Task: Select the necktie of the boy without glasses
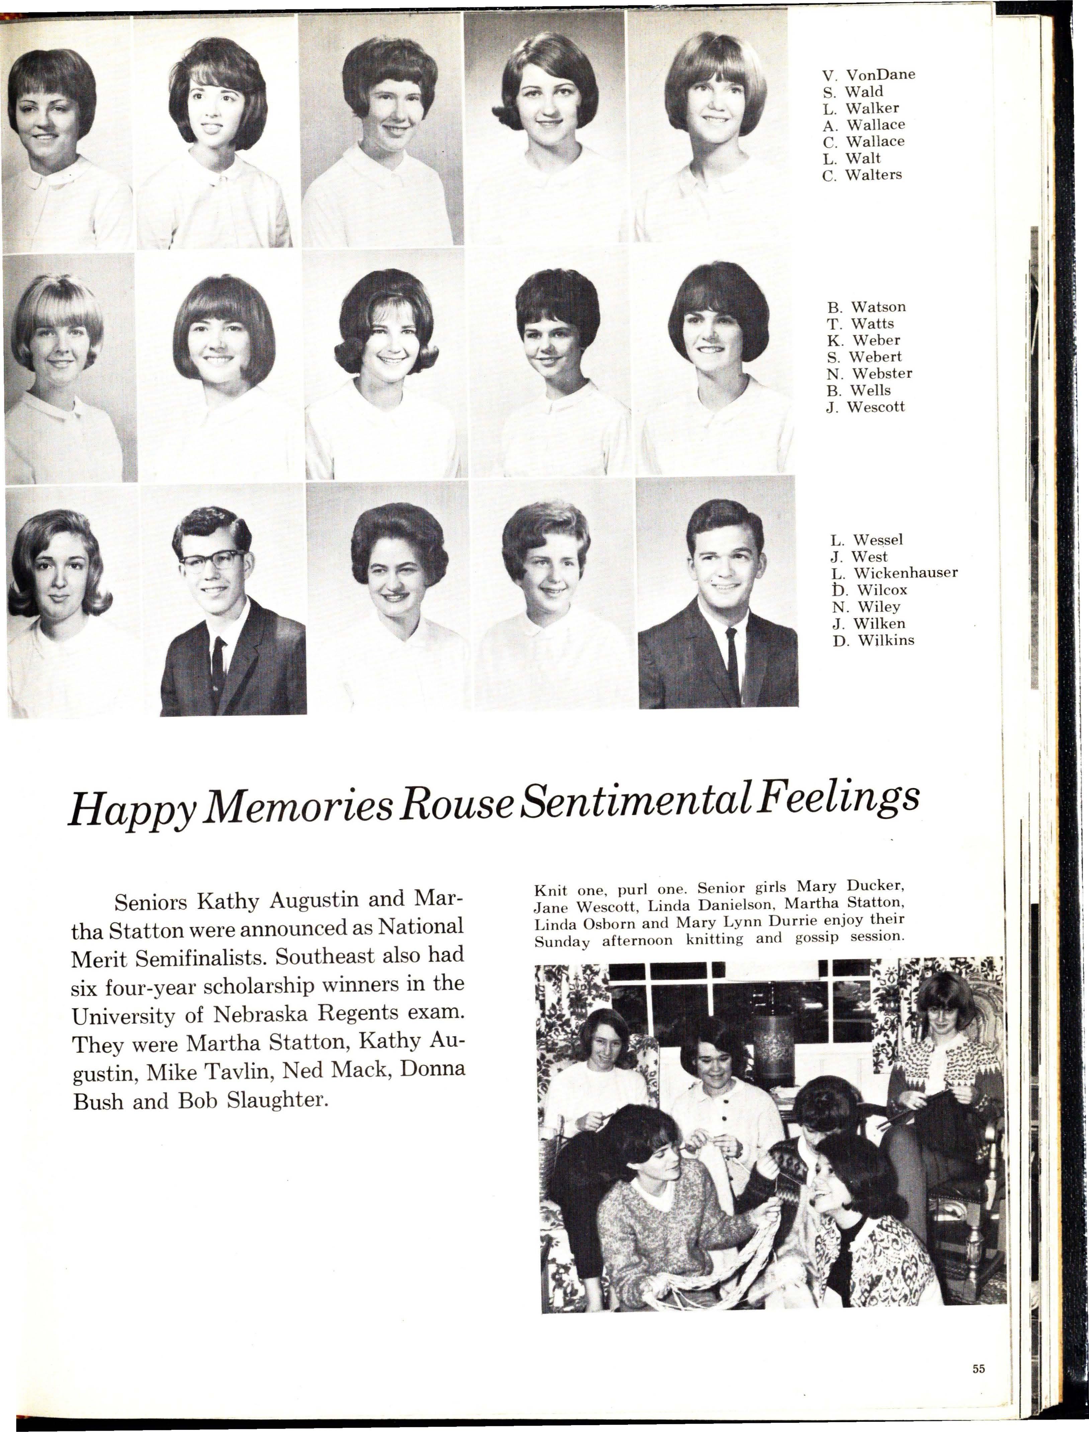pos(731,655)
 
